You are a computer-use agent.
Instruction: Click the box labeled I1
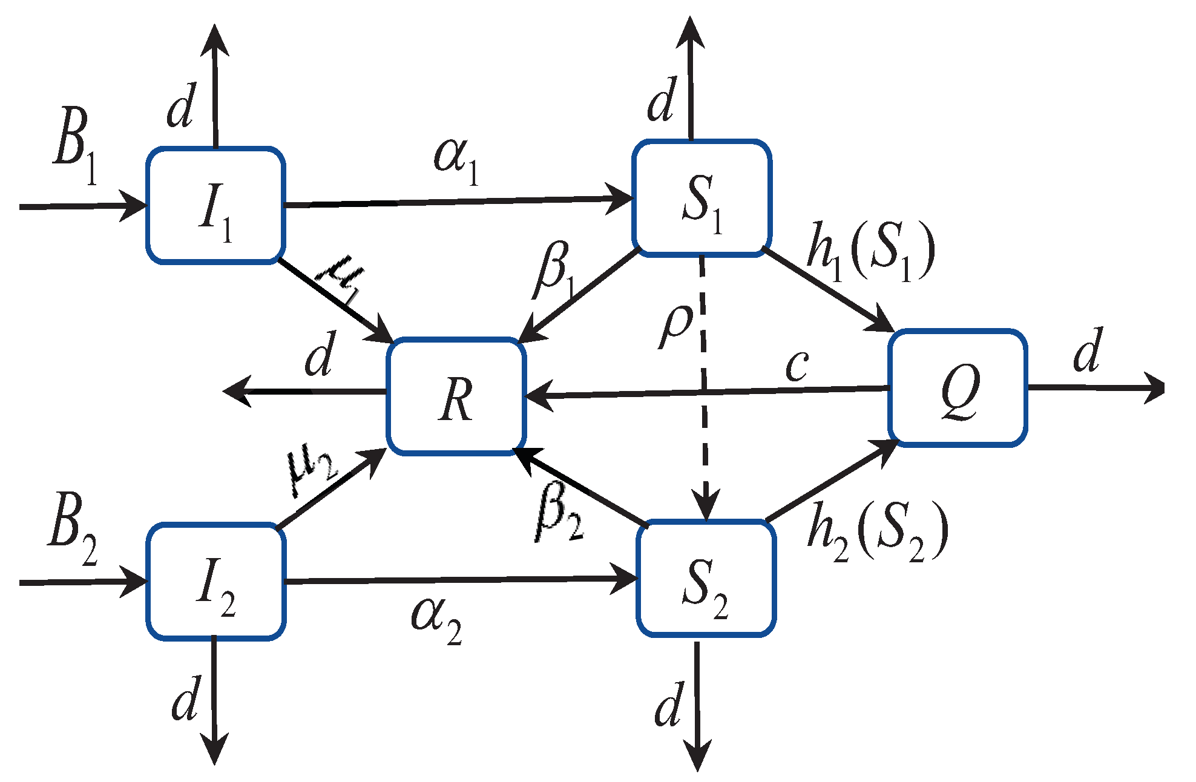[x=215, y=206]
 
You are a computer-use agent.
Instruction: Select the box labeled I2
[x=215, y=581]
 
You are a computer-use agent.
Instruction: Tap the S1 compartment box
[x=701, y=199]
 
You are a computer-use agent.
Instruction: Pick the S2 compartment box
[x=706, y=578]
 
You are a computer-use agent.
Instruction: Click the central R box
[x=456, y=396]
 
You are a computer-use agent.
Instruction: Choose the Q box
[x=958, y=388]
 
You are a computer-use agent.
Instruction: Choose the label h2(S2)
[x=876, y=531]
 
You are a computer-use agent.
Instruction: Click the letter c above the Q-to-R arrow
[x=797, y=365]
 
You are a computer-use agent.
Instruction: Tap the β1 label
[x=556, y=271]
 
